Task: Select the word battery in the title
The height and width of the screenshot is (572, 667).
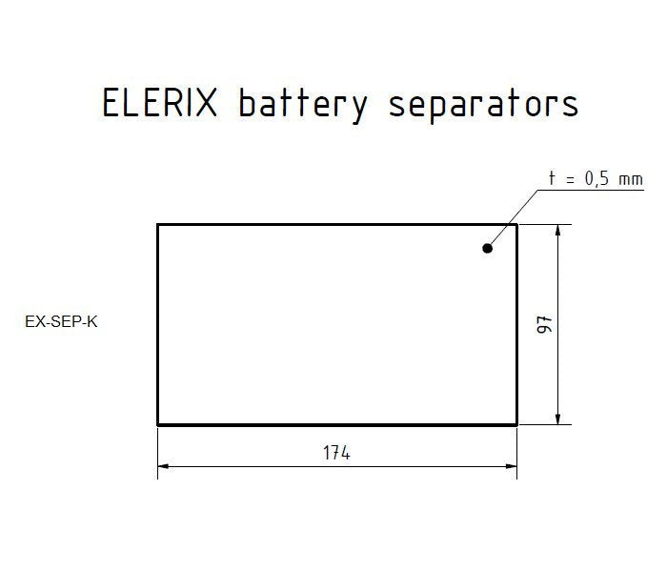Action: [302, 104]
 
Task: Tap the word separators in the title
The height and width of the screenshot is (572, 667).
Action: [483, 104]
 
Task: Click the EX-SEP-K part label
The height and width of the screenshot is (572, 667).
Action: [61, 321]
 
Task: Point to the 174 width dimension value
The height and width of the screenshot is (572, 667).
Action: [336, 453]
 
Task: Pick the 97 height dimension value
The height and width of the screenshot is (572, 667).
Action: [545, 324]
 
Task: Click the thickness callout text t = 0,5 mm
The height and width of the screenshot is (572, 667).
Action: [596, 178]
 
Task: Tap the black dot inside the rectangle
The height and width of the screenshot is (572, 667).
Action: [488, 248]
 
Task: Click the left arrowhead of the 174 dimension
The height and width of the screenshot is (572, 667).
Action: [163, 466]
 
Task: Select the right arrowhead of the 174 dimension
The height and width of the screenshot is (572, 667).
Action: [511, 466]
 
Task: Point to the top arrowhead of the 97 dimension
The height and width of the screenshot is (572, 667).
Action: [557, 230]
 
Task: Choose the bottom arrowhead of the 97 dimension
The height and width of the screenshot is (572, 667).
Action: [557, 419]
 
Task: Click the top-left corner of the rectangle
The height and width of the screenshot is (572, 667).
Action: [157, 225]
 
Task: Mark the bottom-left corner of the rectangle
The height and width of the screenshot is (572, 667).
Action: [157, 424]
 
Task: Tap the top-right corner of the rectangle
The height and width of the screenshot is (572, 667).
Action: [516, 225]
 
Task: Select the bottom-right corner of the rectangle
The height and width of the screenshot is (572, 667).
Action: [516, 424]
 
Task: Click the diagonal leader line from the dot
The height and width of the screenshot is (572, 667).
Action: [515, 218]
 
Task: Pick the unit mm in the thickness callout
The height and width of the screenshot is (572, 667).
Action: [631, 179]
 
